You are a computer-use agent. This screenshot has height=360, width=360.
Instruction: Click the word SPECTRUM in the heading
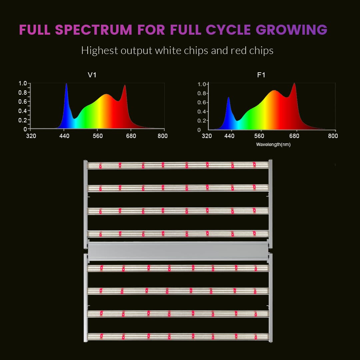tap(93, 30)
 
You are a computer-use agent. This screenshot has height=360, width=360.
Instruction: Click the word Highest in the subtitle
tap(99, 51)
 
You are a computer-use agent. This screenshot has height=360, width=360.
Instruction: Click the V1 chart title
tap(92, 75)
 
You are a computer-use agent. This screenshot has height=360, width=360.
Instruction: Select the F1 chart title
tap(261, 75)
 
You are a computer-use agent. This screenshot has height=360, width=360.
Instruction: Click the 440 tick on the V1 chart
tap(64, 136)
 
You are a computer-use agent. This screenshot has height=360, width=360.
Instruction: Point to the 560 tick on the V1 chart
tap(97, 136)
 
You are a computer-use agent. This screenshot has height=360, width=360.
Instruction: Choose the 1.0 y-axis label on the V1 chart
tap(22, 83)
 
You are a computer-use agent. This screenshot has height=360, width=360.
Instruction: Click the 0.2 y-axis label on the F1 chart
tap(202, 121)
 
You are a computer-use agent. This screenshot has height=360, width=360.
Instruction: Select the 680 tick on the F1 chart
tap(295, 136)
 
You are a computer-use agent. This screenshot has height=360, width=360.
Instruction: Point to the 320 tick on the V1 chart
tap(31, 136)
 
